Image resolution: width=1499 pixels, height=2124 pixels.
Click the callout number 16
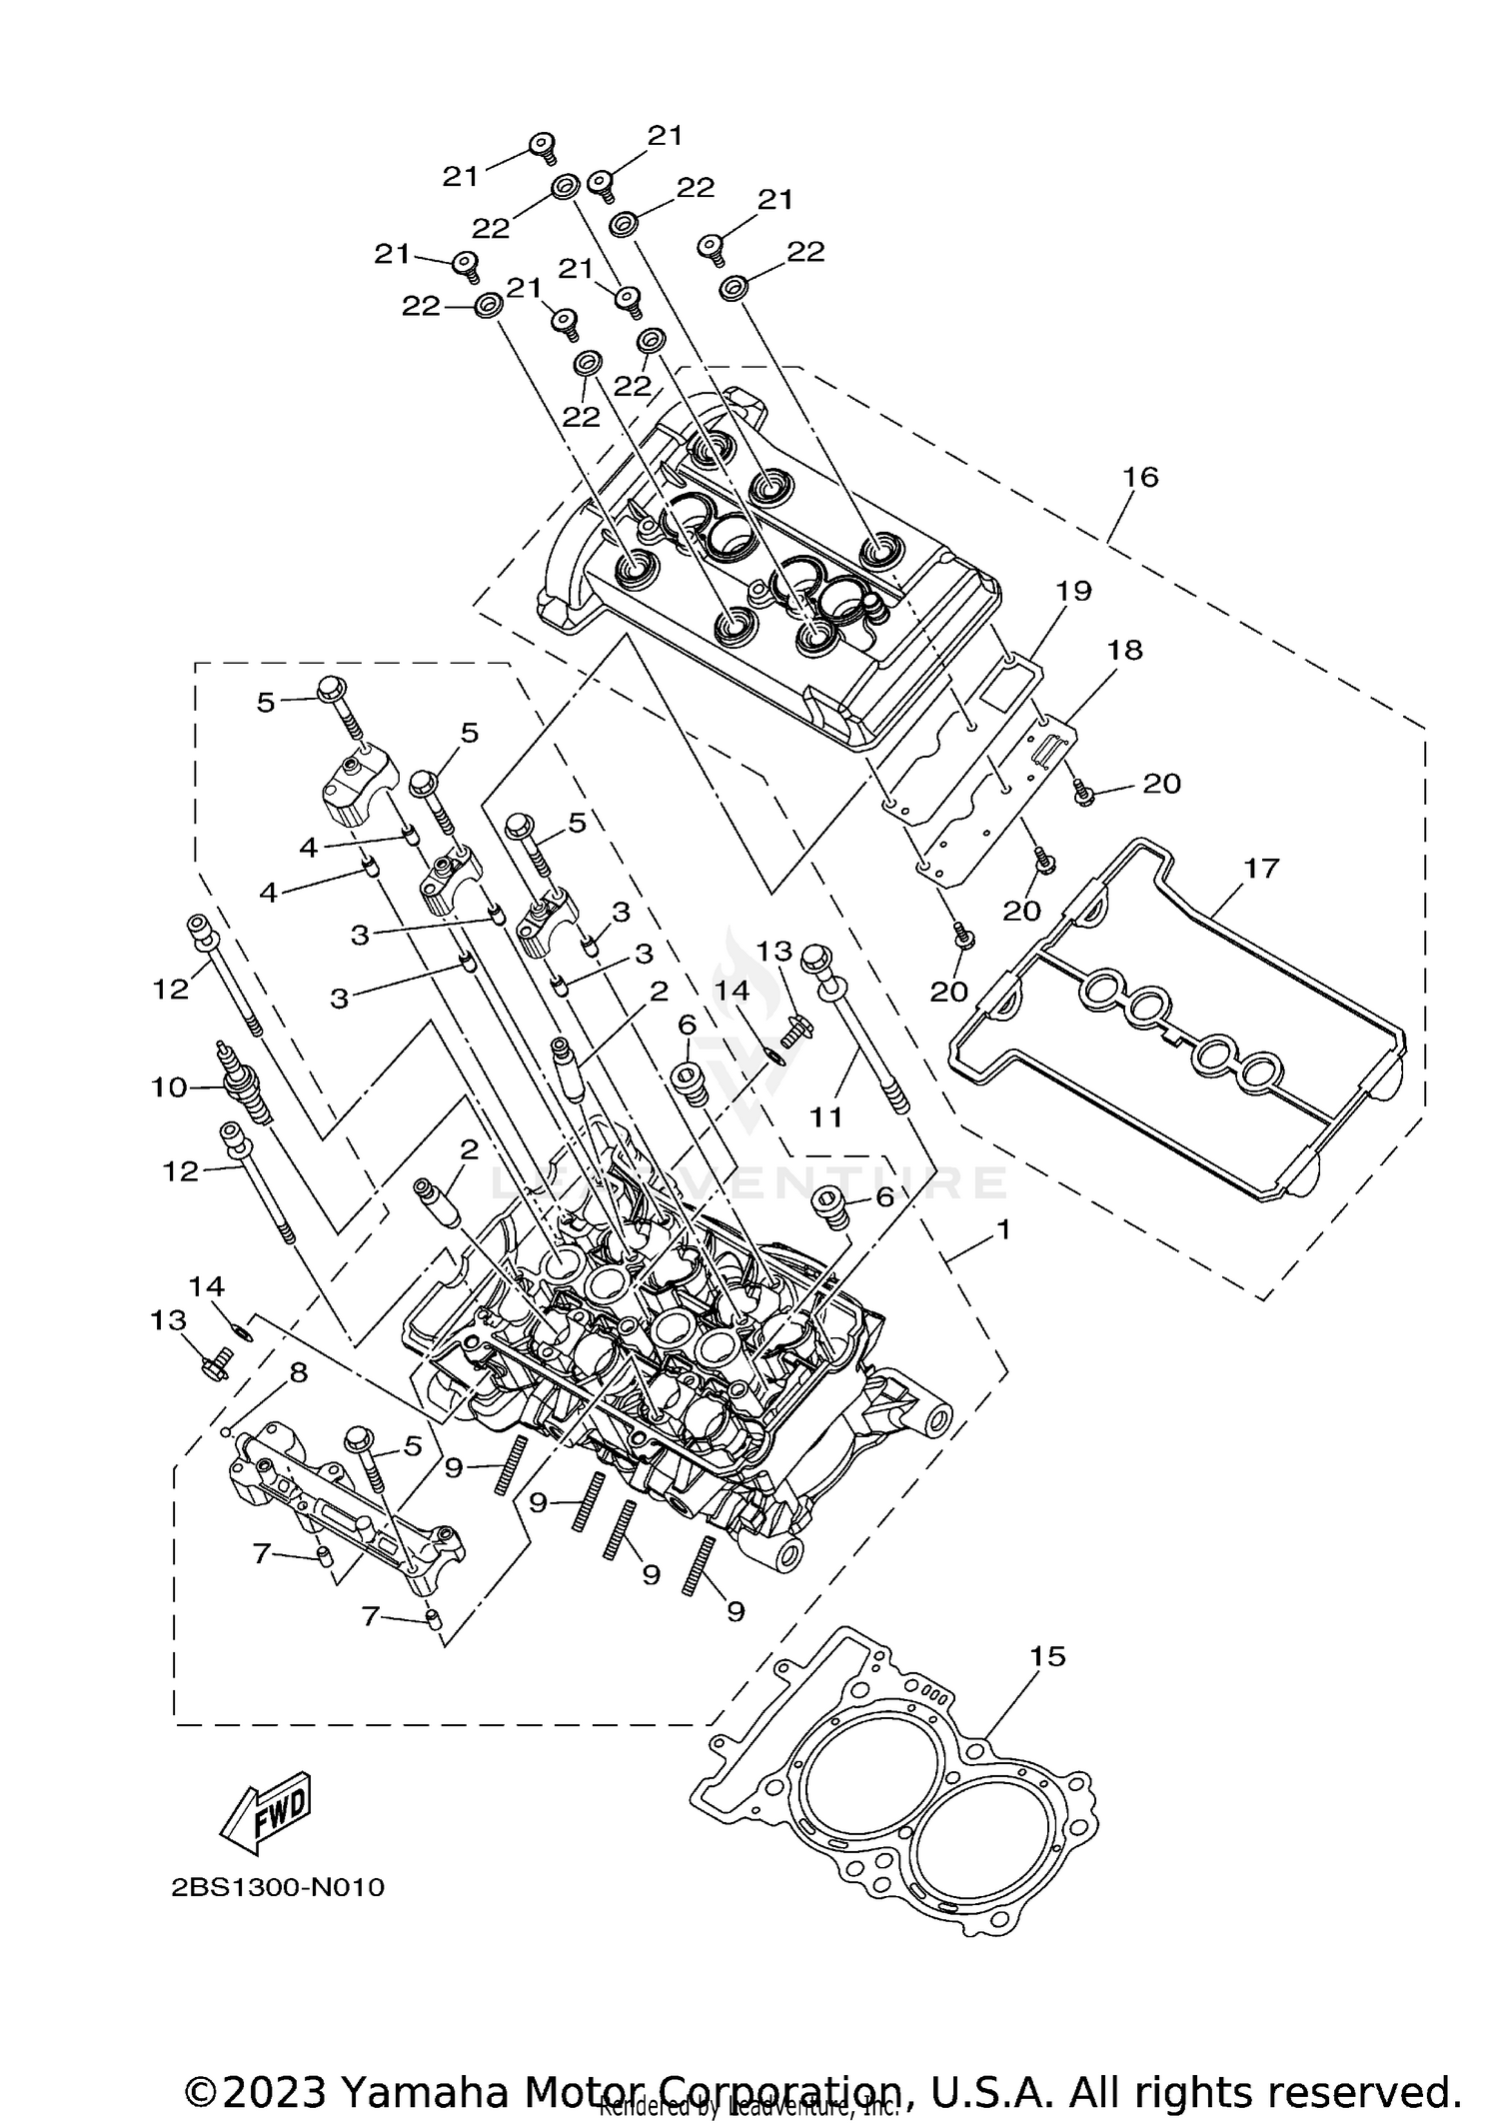coord(1140,477)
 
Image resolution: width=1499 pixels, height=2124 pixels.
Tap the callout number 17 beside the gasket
coord(1261,868)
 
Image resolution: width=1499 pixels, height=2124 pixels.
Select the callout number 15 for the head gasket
coord(1048,1656)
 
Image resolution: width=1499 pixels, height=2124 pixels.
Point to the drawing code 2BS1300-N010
coord(278,1887)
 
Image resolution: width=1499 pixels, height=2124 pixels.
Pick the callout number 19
coord(1073,590)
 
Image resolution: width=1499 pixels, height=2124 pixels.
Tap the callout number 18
coord(1124,650)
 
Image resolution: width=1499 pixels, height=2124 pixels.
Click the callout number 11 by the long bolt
coord(826,1116)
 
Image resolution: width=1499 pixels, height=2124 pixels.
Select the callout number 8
coord(298,1373)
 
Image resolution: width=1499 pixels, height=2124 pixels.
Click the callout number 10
coord(170,1086)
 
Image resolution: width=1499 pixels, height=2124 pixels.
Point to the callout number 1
coord(1003,1228)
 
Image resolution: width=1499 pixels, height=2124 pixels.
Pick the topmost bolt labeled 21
coord(542,146)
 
